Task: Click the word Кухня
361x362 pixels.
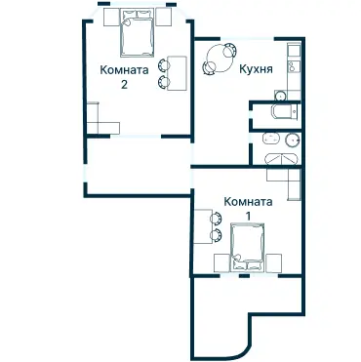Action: point(255,69)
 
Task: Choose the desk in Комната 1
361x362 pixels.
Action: point(201,231)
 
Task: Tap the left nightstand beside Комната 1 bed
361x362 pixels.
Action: point(219,261)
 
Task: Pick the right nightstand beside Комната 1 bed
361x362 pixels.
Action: point(275,261)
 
